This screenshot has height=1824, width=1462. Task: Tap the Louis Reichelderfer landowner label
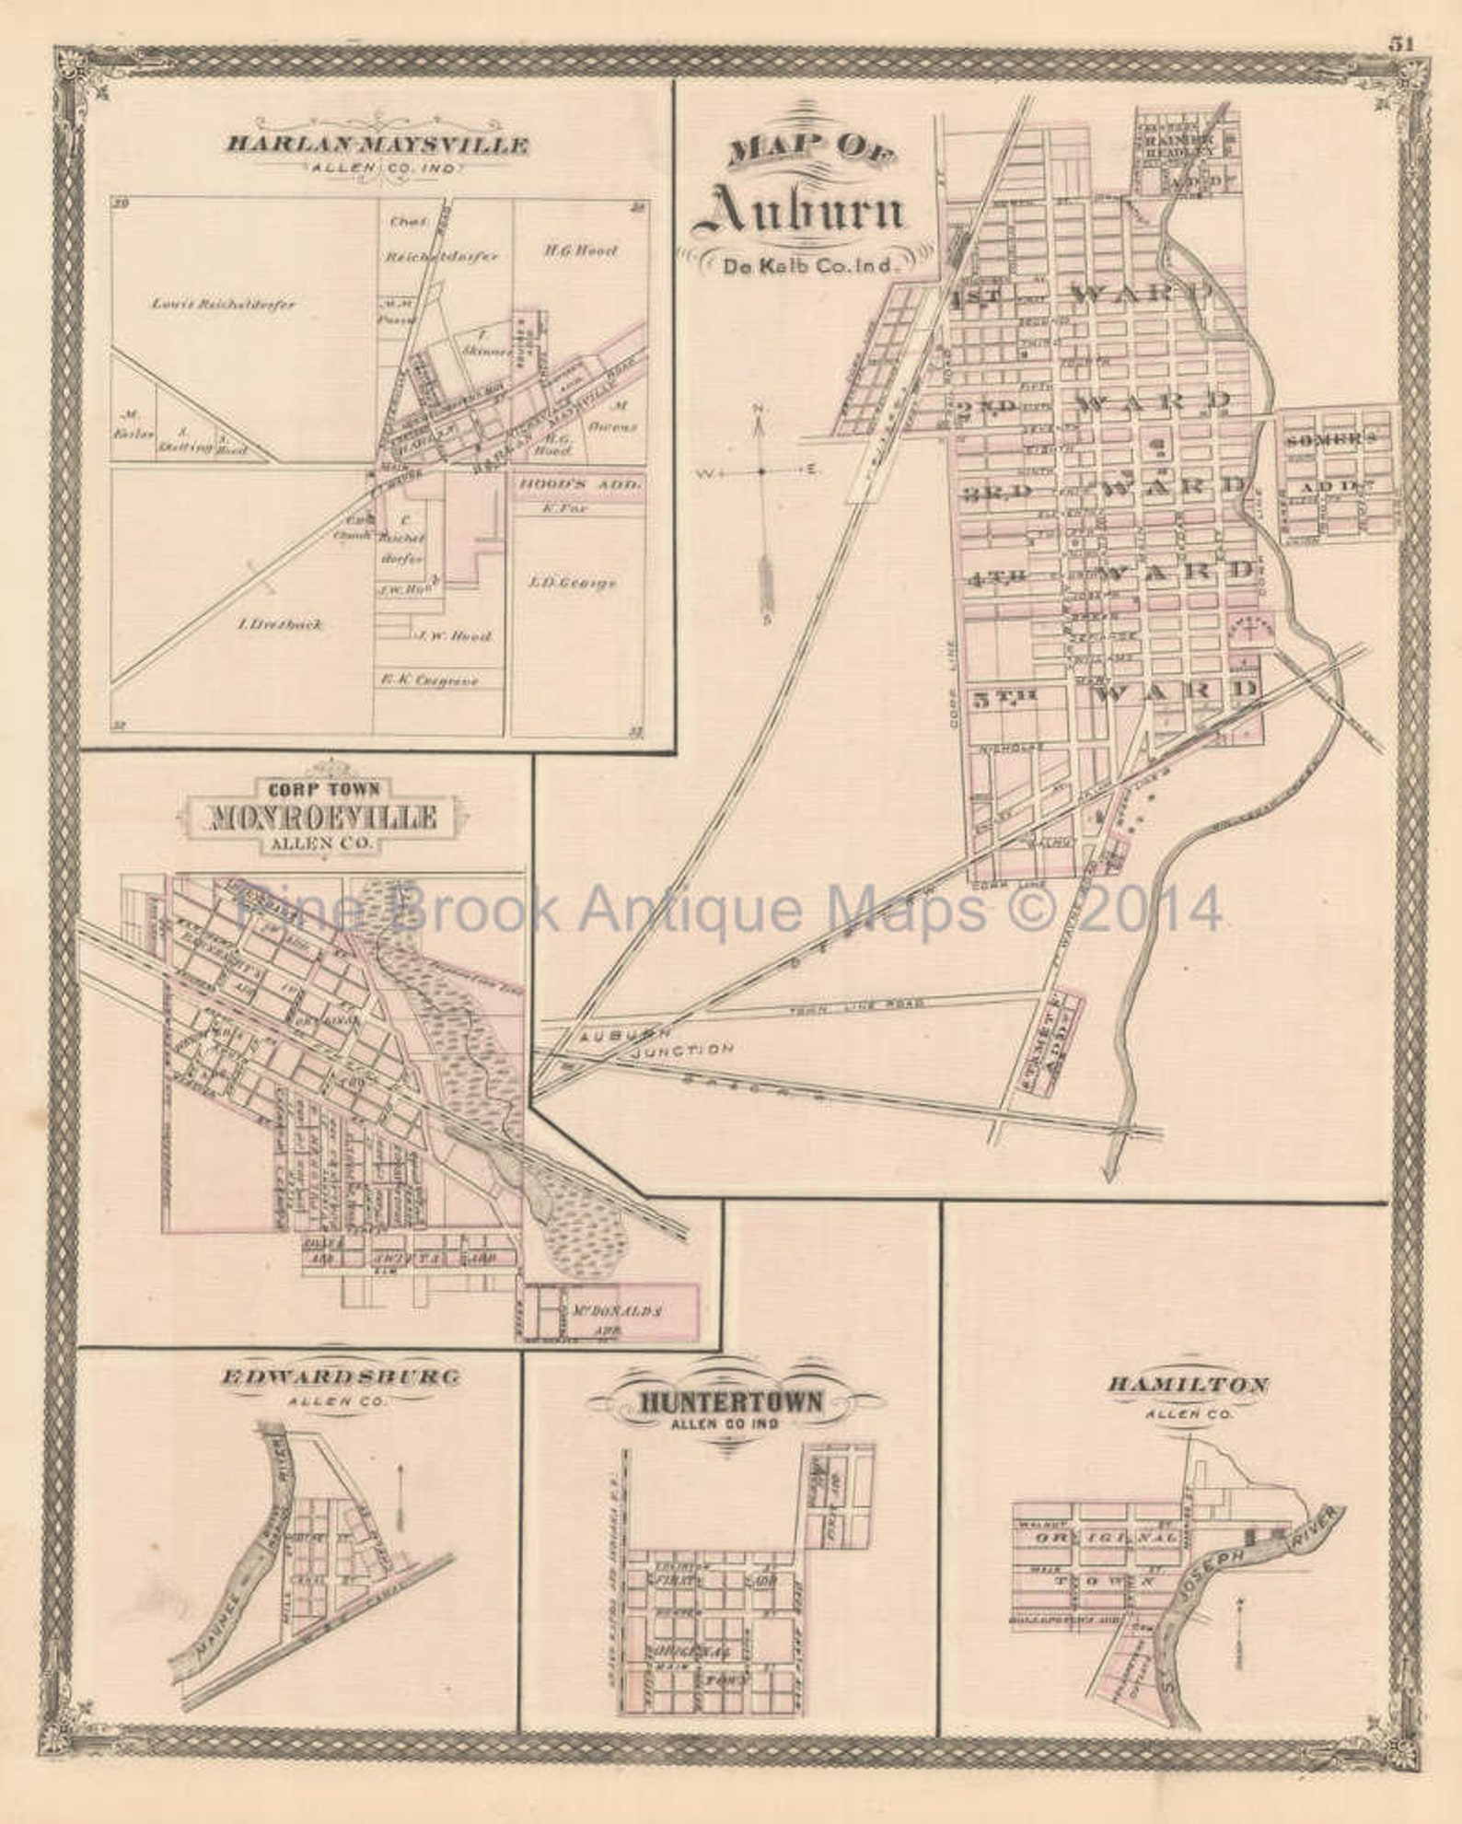(x=224, y=304)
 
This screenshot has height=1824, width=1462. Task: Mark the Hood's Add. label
(x=577, y=482)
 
